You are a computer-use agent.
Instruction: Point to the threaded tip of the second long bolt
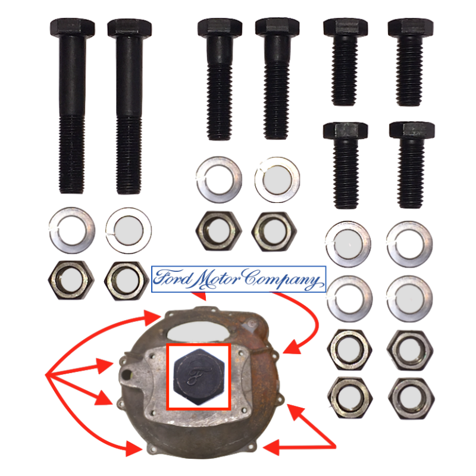(129, 184)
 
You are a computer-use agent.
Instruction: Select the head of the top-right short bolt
(411, 28)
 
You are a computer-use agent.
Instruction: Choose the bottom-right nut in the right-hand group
(411, 394)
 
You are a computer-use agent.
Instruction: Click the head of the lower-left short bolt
(345, 131)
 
